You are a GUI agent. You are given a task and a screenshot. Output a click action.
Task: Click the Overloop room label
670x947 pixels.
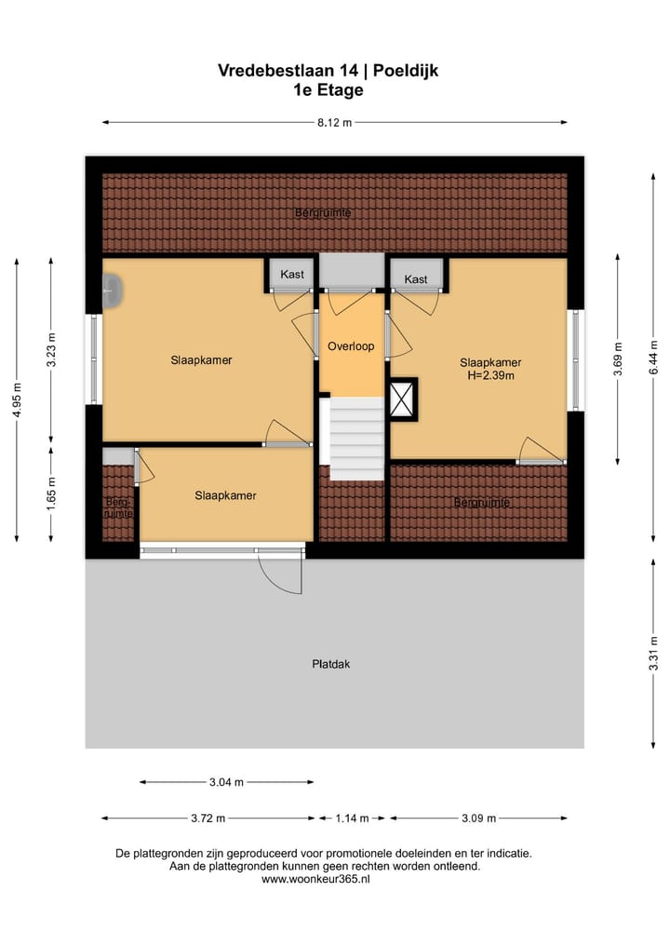[x=351, y=346]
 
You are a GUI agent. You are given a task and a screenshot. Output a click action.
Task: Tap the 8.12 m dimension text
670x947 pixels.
[x=334, y=122]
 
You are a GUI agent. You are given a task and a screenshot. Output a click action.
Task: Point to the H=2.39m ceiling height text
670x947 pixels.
[x=490, y=376]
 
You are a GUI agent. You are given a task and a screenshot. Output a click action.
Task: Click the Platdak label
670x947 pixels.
[x=330, y=664]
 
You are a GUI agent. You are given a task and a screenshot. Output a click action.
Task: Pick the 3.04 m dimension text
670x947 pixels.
[x=225, y=782]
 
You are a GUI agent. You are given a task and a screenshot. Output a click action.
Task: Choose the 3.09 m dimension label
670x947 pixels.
[x=477, y=818]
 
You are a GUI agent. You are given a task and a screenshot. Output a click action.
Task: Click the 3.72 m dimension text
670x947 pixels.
[x=207, y=818]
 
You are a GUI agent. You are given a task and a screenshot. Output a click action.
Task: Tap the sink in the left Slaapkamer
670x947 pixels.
[x=112, y=291]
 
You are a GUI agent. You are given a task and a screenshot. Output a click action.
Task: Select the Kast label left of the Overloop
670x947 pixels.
[x=292, y=275]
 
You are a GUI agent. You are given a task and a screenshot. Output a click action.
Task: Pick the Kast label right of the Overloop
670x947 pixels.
[x=416, y=278]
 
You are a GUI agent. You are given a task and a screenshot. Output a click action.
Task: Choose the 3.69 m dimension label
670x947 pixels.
[x=618, y=359]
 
